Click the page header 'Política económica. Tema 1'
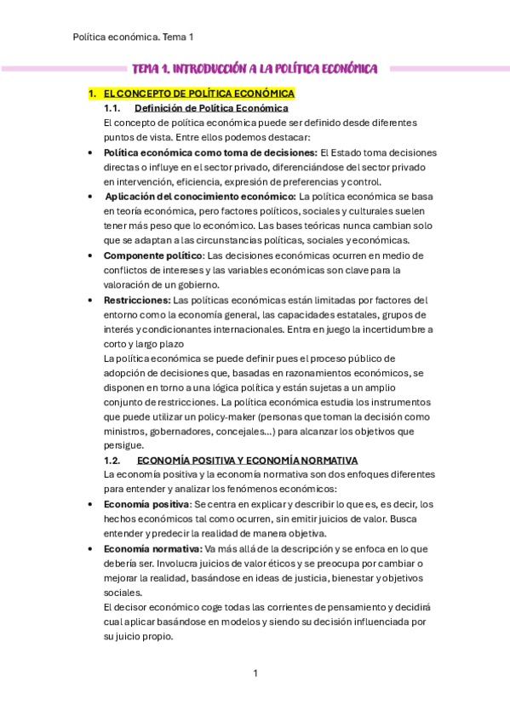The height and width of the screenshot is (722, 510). [x=134, y=37]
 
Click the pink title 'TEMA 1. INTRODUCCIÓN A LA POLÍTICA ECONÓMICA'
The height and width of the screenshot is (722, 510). [x=255, y=69]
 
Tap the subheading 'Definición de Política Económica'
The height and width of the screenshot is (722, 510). [x=211, y=108]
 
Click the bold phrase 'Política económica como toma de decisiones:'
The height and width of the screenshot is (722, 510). [x=198, y=152]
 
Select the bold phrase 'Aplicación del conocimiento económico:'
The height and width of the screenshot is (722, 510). [x=201, y=197]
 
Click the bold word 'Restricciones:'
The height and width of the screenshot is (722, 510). [x=136, y=300]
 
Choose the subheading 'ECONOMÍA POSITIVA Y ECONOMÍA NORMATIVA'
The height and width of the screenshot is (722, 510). [x=247, y=460]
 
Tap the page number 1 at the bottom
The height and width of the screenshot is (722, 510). [x=255, y=673]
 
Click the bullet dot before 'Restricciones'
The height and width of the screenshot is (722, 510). [x=90, y=301]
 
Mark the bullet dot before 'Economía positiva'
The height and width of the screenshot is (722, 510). [x=90, y=505]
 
